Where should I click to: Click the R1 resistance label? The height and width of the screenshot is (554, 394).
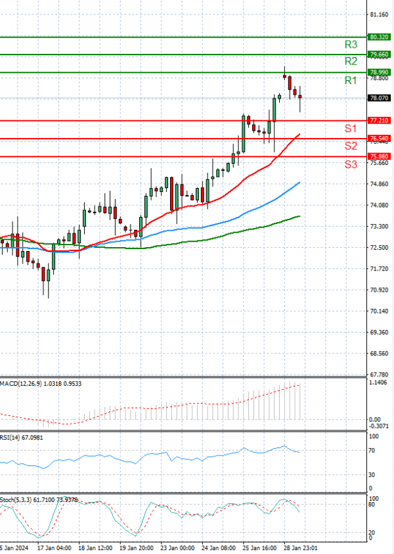click(x=351, y=80)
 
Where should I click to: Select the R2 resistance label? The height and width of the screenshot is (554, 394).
click(x=351, y=61)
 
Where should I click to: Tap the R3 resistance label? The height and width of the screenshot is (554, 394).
click(x=351, y=45)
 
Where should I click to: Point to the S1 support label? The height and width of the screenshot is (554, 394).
click(x=351, y=127)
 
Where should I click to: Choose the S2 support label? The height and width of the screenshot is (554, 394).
click(x=351, y=145)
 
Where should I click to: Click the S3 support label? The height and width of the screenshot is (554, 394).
click(x=351, y=164)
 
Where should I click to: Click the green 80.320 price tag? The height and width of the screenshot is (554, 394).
click(x=380, y=37)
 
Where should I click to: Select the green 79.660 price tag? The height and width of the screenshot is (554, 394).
click(x=380, y=55)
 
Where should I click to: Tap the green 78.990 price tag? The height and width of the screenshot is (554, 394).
click(x=380, y=72)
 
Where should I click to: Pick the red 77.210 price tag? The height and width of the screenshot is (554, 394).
click(x=380, y=121)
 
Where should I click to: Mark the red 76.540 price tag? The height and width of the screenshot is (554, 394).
click(x=380, y=139)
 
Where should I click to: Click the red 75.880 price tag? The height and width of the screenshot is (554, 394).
click(x=380, y=156)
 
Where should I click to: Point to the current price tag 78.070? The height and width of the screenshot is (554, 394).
click(x=380, y=98)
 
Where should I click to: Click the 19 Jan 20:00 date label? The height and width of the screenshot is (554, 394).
click(x=137, y=547)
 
